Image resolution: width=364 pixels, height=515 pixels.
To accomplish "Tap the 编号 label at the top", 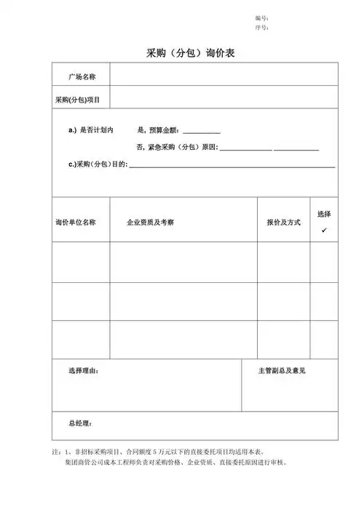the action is [x=262, y=17].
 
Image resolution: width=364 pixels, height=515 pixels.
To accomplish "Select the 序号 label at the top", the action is [x=262, y=28].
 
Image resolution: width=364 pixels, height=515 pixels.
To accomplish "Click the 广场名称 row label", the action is [x=82, y=76].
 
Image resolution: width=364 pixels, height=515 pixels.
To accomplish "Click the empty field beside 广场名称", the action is [x=223, y=75].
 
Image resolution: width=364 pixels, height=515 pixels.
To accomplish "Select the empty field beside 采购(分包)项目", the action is [x=223, y=97].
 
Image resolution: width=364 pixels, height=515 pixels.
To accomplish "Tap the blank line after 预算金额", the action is [x=201, y=131].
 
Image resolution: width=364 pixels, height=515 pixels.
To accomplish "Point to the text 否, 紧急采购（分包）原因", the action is [x=178, y=148].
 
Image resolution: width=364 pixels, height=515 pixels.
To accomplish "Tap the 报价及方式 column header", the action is [x=283, y=221].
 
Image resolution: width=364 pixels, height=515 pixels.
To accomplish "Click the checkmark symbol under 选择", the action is [x=324, y=230].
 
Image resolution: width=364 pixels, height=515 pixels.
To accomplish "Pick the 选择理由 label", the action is [x=84, y=371].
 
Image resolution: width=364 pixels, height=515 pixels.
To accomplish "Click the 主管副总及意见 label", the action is [x=282, y=371].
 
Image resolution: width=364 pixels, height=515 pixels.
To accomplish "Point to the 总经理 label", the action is [x=80, y=423].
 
